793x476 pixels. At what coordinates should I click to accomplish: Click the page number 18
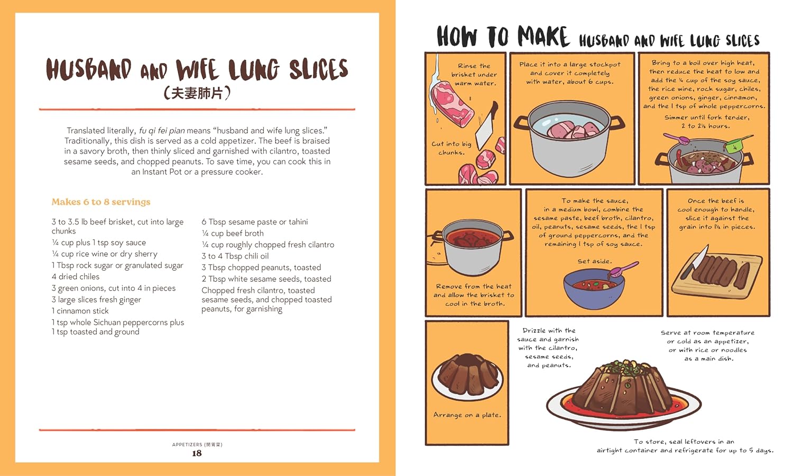point(197,453)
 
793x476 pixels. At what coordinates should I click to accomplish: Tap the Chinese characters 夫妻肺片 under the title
point(197,93)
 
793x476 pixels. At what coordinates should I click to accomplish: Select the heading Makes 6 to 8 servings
point(101,202)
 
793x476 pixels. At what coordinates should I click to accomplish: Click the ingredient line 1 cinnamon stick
point(80,311)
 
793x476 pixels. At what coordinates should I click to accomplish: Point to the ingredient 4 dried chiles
point(76,276)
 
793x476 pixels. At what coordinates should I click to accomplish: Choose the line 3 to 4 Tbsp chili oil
point(235,256)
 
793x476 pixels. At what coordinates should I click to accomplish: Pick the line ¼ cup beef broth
point(233,233)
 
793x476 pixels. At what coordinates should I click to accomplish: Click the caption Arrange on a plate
point(467,415)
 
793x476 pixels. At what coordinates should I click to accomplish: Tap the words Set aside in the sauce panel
point(594,261)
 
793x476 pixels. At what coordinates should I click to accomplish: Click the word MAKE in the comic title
point(543,37)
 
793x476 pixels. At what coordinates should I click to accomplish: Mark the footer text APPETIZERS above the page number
point(187,445)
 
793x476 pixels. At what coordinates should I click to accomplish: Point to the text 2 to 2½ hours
point(705,126)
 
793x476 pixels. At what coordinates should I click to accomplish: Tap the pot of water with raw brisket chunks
point(570,138)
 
